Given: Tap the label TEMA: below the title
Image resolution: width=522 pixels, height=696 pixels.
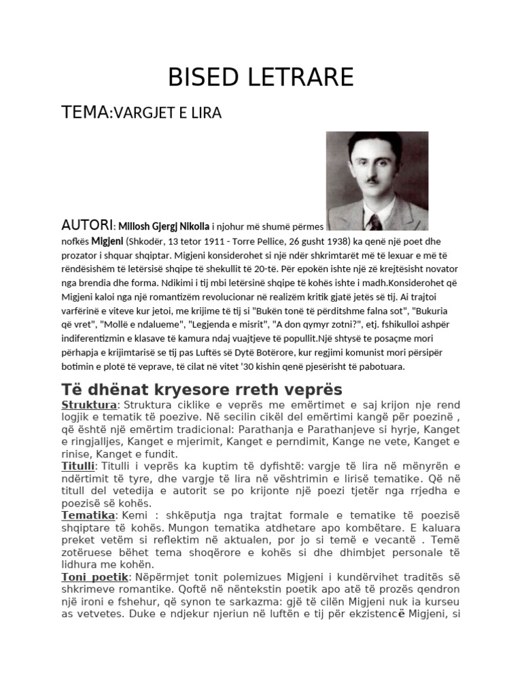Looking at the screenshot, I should [86, 111].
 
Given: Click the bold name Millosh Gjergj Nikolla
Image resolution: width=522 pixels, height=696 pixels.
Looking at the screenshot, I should [163, 226].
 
